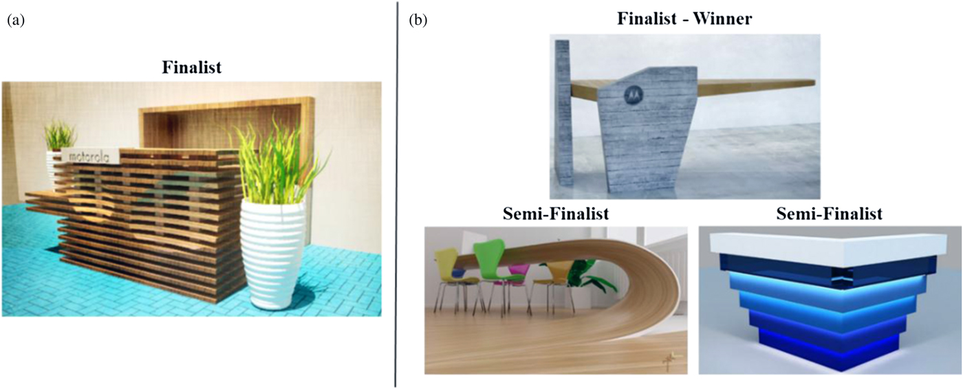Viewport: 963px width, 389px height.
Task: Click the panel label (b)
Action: [418, 21]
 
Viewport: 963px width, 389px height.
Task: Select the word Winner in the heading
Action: [722, 19]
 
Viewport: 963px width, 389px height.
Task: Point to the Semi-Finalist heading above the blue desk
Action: [829, 214]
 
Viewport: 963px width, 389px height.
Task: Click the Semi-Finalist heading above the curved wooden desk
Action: [556, 214]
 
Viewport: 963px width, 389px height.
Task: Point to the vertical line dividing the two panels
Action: [396, 192]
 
